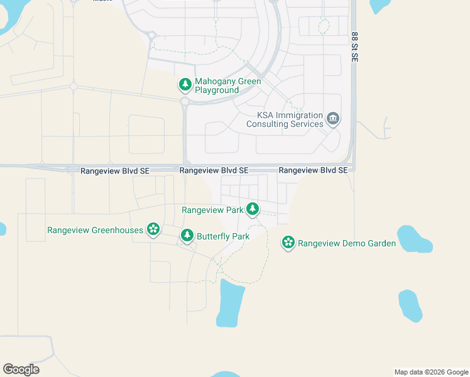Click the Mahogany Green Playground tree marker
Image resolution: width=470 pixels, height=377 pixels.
185,84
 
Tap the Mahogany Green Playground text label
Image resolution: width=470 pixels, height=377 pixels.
227,86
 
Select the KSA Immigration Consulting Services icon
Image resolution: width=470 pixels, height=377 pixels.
333,117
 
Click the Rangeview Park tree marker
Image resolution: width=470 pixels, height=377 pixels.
253,209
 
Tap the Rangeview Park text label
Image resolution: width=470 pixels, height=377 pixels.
212,210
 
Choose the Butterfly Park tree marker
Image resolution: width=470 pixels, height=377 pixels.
187,236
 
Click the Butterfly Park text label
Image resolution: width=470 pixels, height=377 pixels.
223,237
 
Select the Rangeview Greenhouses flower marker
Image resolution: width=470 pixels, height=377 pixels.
153,229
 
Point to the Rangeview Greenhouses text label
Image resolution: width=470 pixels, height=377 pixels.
96,231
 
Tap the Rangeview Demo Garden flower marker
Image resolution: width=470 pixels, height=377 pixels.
288,243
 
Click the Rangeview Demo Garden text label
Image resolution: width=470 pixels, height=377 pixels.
347,243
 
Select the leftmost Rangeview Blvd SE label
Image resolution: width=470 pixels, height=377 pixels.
115,171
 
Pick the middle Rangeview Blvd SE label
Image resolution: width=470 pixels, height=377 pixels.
214,171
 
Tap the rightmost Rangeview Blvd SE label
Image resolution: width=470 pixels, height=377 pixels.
313,170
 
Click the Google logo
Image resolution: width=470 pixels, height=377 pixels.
21,369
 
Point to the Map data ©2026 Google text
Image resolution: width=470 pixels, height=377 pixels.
430,373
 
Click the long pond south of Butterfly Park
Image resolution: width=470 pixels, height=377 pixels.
230,303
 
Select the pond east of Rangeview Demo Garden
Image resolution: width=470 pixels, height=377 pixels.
415,238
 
